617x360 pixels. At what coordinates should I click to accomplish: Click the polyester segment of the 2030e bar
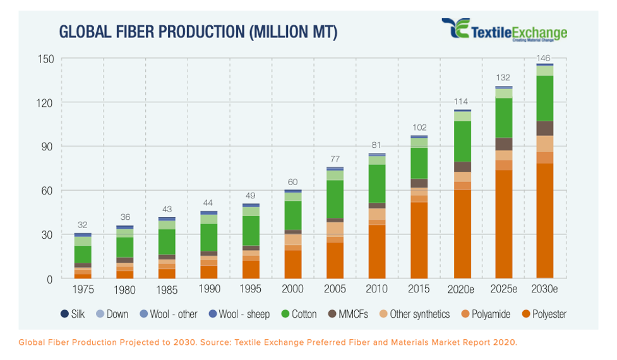coord(544,221)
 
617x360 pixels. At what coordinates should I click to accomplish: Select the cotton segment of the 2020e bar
coord(463,141)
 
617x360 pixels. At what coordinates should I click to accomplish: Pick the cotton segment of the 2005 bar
coord(335,199)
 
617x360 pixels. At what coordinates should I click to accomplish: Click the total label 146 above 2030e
coord(544,58)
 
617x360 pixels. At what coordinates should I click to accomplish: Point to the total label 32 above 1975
coord(83,225)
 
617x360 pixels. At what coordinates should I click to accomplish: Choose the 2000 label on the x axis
coord(293,289)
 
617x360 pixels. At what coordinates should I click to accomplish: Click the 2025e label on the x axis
coord(503,289)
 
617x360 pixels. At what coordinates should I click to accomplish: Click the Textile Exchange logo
coord(504,30)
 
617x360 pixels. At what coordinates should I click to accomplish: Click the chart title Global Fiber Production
coord(198,32)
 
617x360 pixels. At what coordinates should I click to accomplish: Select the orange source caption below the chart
coord(267,342)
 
